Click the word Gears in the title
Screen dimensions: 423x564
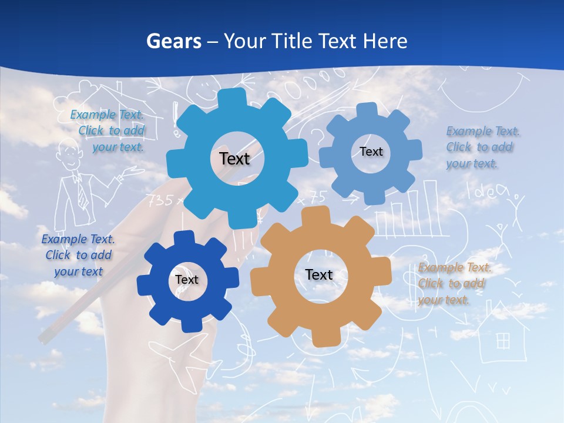tap(174, 41)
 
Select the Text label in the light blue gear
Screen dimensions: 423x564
tap(234, 159)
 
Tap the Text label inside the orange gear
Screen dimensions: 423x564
tap(319, 274)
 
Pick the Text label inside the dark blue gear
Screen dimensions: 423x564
tap(187, 280)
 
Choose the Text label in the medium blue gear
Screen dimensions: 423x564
tap(371, 152)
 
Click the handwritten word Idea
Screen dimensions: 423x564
tap(485, 189)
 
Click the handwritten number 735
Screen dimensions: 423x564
tap(159, 200)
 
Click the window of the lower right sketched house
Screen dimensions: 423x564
tap(503, 340)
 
